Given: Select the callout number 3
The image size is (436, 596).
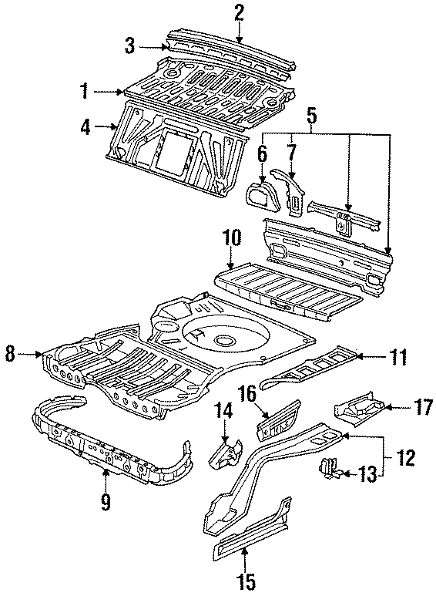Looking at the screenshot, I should coord(132,45).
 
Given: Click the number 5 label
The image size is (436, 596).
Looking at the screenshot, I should coord(312,117).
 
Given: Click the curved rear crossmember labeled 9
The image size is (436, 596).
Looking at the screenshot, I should coord(108,455).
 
